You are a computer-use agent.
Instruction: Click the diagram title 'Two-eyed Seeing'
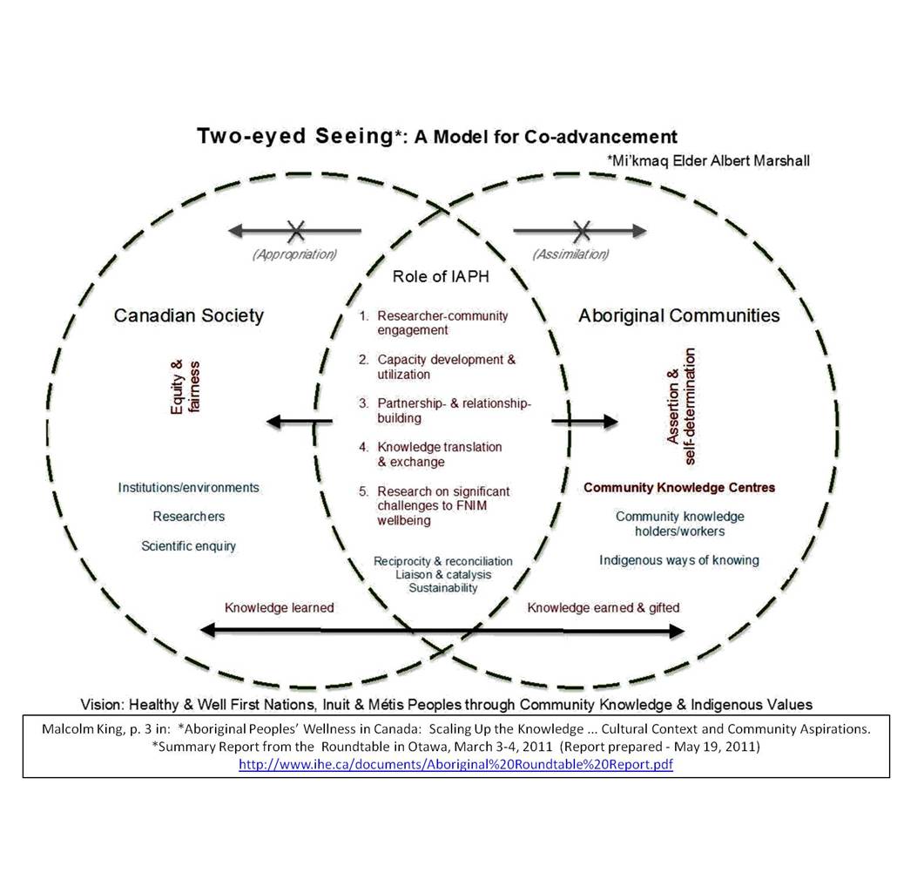[296, 137]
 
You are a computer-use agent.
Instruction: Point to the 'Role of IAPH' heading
[441, 276]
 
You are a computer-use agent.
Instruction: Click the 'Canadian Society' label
[188, 315]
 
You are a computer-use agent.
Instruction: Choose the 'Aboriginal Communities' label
[679, 315]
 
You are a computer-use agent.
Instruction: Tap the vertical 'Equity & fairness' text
[185, 387]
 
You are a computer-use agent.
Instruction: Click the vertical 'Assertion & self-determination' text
[681, 396]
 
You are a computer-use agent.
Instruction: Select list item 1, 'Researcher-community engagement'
[442, 323]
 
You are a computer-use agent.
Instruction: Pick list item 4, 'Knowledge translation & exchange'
[439, 454]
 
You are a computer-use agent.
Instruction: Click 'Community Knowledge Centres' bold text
[679, 488]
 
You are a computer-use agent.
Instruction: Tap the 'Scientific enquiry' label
[188, 546]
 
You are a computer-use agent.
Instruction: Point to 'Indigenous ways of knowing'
[679, 560]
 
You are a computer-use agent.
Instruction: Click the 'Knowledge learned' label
[279, 608]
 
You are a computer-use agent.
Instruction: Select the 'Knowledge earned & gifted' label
[604, 608]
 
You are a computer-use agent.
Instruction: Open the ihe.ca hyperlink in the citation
[456, 764]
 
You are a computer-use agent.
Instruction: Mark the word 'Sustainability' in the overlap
[443, 588]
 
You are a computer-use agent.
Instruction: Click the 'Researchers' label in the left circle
[188, 517]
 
